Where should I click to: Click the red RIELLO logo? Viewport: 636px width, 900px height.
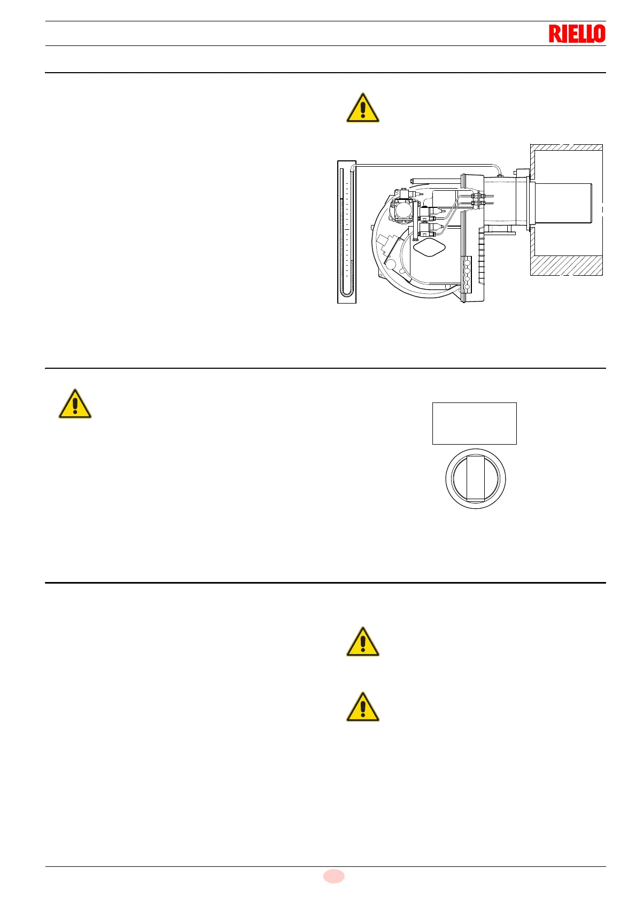(x=577, y=34)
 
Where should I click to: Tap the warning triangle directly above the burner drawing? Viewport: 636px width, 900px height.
(x=363, y=108)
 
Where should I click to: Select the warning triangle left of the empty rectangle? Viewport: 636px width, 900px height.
(x=75, y=404)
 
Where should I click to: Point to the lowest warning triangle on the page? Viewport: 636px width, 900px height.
(x=363, y=708)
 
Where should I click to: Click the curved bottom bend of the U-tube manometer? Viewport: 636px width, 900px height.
(x=346, y=293)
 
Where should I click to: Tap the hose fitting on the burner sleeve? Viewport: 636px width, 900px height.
(x=500, y=173)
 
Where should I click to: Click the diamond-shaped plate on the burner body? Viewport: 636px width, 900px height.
(x=429, y=248)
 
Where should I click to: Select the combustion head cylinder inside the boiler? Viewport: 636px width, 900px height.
(x=562, y=203)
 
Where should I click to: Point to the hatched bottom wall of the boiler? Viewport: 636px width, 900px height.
(x=567, y=265)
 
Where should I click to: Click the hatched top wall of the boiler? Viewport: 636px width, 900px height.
(x=567, y=148)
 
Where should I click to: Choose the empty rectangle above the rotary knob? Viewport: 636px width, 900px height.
(x=474, y=423)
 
